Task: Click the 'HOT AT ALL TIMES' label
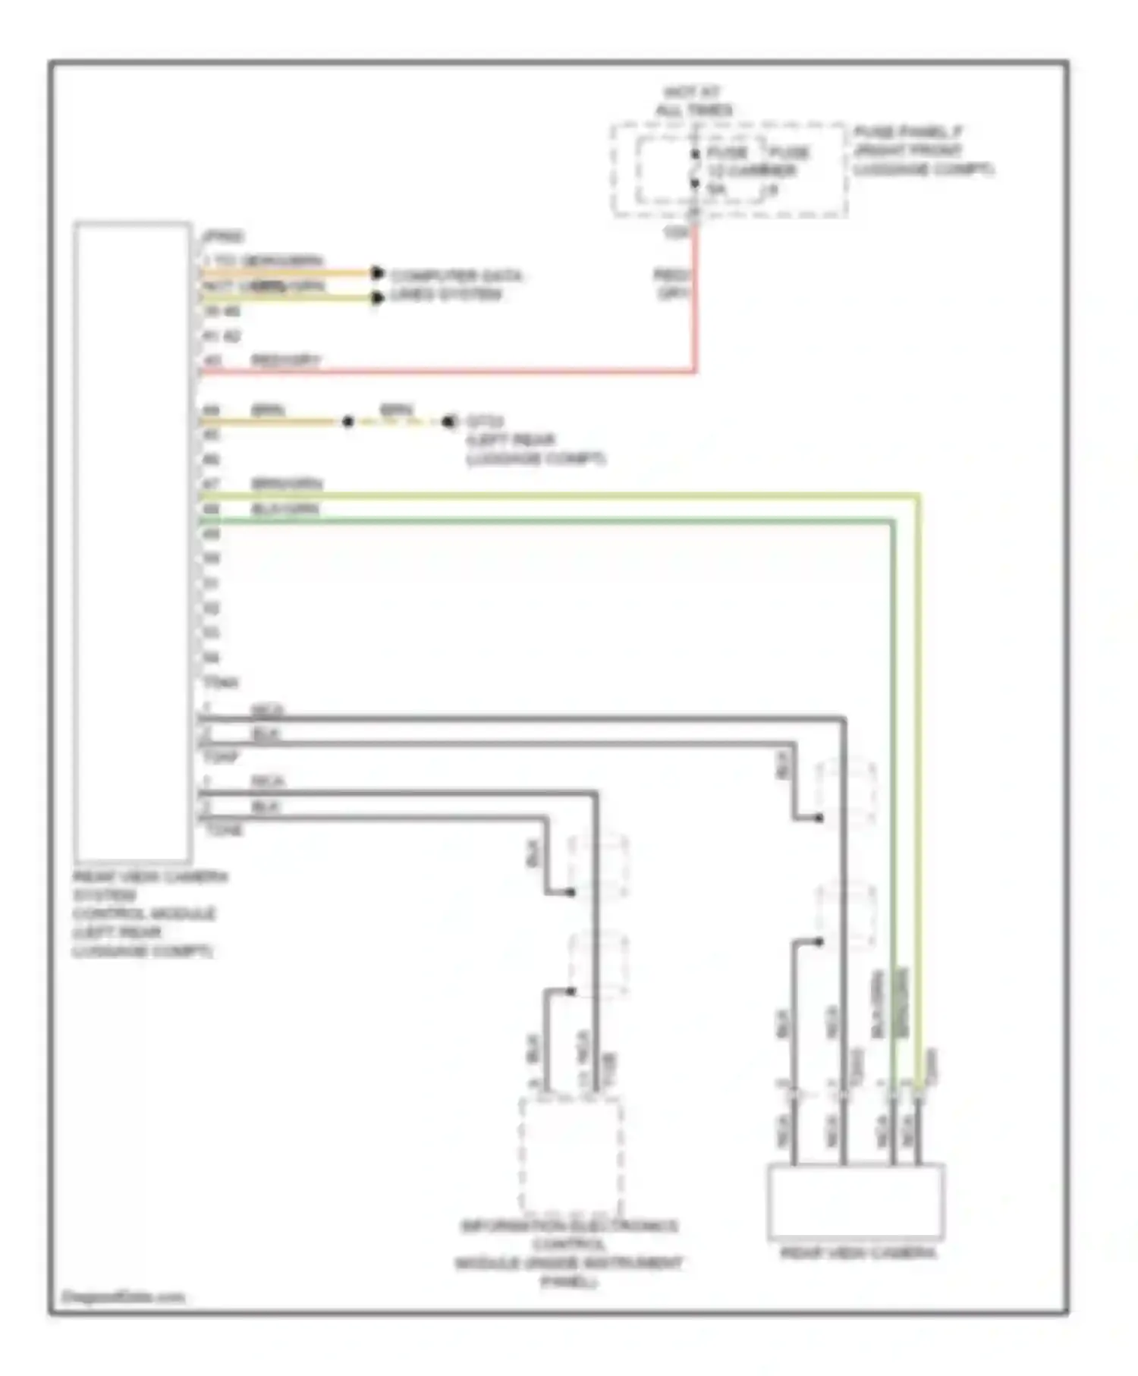click(x=693, y=102)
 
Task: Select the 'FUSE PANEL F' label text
click(x=908, y=132)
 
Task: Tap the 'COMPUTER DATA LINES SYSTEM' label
click(x=456, y=284)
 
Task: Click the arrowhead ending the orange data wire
click(x=377, y=273)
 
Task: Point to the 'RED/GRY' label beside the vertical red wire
click(x=672, y=283)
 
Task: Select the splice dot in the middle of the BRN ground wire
click(x=347, y=422)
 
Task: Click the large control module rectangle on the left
click(x=133, y=542)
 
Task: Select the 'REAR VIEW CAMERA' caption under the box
click(x=857, y=1253)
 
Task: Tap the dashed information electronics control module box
click(x=571, y=1156)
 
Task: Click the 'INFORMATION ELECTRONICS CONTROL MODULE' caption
click(x=568, y=1252)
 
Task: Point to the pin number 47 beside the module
click(x=211, y=484)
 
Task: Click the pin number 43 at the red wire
click(x=212, y=361)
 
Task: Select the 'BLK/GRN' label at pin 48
click(x=285, y=509)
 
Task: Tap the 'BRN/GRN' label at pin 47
click(x=287, y=484)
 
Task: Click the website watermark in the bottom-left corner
click(x=123, y=1296)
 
